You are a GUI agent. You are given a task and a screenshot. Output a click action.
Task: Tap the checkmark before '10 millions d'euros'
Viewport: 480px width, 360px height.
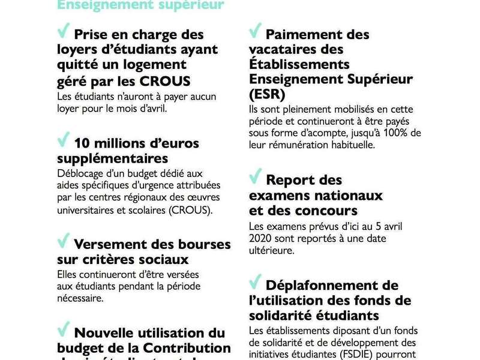[63, 141]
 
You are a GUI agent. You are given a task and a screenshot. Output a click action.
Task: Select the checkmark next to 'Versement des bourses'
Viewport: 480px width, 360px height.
[63, 241]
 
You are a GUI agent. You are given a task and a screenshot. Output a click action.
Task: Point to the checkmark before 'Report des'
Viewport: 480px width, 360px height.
[255, 177]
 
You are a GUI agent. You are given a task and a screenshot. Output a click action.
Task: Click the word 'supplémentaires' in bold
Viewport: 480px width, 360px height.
[112, 159]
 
